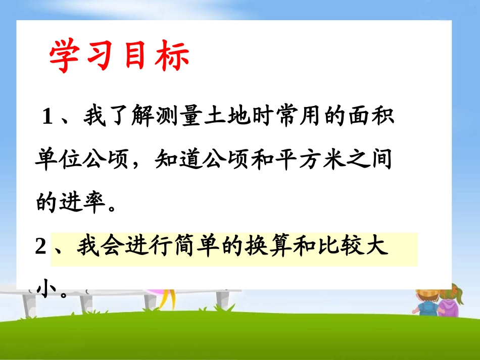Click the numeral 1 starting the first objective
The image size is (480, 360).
tap(48, 118)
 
